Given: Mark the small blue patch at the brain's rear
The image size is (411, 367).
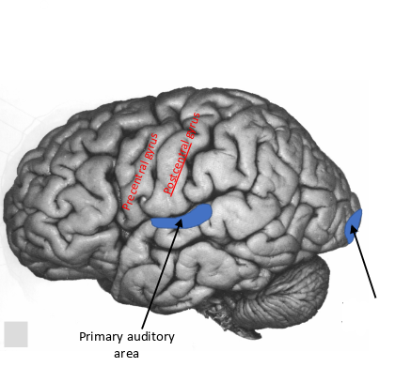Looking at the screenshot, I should [355, 226].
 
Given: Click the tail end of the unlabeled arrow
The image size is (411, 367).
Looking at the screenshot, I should [377, 298].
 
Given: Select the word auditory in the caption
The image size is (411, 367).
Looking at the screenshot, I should [151, 337].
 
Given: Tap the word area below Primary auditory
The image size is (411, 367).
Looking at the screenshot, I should [125, 353].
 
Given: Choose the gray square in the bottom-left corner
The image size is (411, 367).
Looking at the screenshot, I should [16, 334].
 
